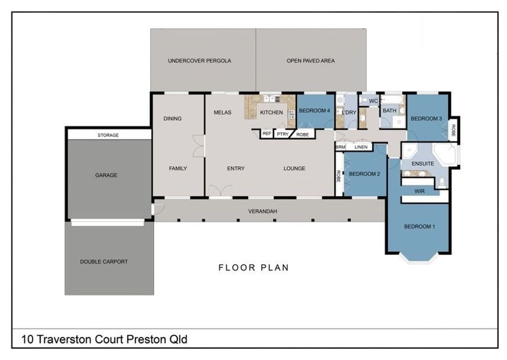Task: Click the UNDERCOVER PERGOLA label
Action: tap(199, 60)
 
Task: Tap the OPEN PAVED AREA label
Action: tap(311, 60)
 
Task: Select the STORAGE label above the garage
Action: tap(108, 135)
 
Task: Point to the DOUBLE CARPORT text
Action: tap(104, 261)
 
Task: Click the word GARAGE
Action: tap(106, 175)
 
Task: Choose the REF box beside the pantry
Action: tap(267, 134)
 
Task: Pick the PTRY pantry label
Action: tap(283, 134)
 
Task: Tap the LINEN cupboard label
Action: tap(361, 147)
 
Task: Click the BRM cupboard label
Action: tap(340, 147)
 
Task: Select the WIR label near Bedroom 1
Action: tap(419, 191)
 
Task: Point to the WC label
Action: tap(373, 101)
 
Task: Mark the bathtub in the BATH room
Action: tap(392, 99)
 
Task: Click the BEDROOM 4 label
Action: tap(314, 110)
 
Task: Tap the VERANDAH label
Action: tap(263, 211)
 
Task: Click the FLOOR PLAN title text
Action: tap(253, 268)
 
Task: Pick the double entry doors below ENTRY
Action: tap(220, 190)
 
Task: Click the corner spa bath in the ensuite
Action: tap(444, 154)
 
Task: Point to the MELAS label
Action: tap(223, 113)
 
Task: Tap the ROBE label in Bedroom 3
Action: tap(453, 130)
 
